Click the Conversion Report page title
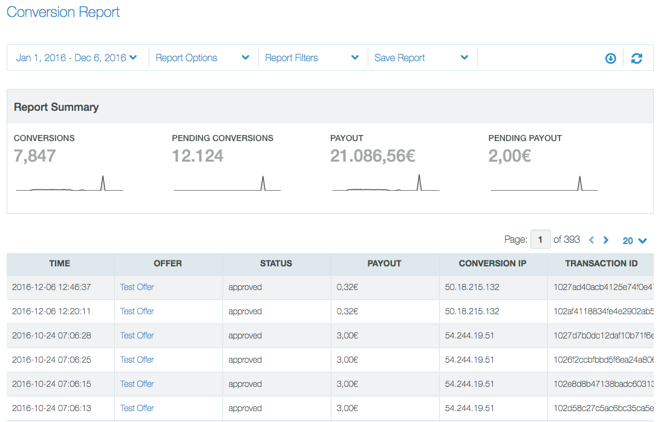[x=64, y=12]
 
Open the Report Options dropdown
[x=202, y=58]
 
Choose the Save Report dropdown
[x=421, y=58]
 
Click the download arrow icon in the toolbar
[x=611, y=59]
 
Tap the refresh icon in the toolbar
[x=637, y=59]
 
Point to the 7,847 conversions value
[x=35, y=156]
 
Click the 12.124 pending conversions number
[x=198, y=156]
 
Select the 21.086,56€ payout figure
[x=373, y=156]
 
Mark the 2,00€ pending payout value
[x=510, y=156]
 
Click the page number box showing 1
[x=540, y=240]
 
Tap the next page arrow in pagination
[x=606, y=240]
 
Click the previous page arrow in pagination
[x=591, y=240]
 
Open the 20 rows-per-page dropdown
[x=634, y=241]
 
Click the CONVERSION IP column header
[x=493, y=263]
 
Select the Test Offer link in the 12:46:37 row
[x=137, y=287]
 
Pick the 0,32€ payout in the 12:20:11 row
[x=348, y=311]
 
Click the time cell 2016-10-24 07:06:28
[x=51, y=335]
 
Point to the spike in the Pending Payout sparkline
[x=580, y=181]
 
